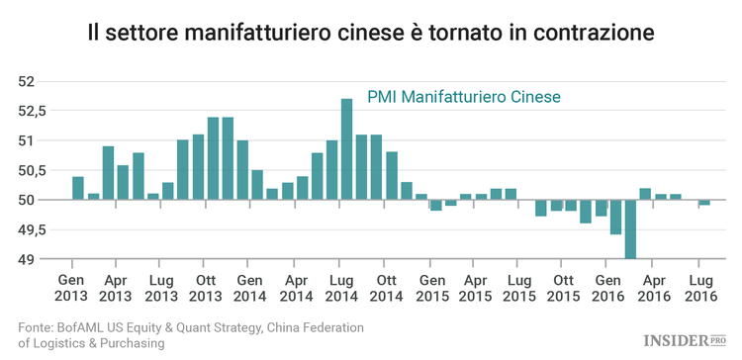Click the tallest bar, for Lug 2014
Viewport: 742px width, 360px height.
(346, 149)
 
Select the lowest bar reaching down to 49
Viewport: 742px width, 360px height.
(630, 229)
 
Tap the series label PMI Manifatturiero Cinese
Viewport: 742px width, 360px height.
(464, 97)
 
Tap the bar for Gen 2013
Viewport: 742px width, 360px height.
(78, 188)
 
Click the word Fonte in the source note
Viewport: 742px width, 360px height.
(37, 327)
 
